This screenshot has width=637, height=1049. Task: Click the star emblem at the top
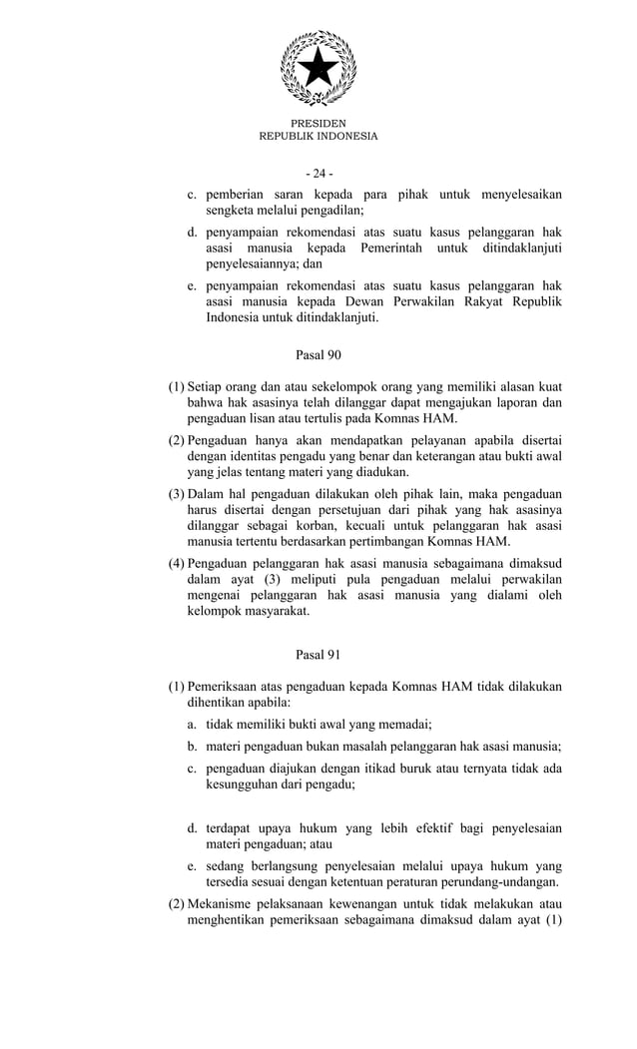pyautogui.click(x=318, y=67)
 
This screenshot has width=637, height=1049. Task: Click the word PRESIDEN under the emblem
pyautogui.click(x=318, y=123)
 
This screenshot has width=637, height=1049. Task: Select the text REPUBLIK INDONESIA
pyautogui.click(x=318, y=137)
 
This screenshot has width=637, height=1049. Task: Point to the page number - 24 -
pyautogui.click(x=318, y=174)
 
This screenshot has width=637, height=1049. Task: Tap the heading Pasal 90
pyautogui.click(x=318, y=354)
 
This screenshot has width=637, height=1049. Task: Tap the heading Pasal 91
pyautogui.click(x=318, y=655)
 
